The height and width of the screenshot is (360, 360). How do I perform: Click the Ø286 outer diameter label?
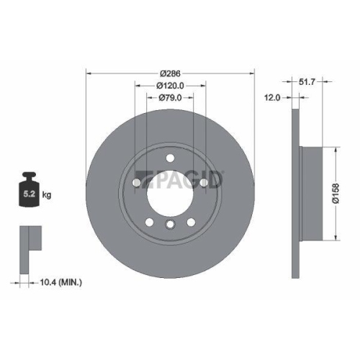click(x=170, y=74)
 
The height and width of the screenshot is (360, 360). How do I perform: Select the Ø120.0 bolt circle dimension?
click(x=170, y=86)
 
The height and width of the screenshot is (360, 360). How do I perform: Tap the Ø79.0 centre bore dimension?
click(x=170, y=98)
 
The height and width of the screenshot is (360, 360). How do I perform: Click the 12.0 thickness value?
click(x=273, y=98)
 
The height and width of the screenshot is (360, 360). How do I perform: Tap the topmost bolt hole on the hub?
click(x=169, y=158)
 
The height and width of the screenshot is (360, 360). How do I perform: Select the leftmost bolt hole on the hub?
click(x=136, y=183)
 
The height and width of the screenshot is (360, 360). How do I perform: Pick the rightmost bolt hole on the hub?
click(x=203, y=183)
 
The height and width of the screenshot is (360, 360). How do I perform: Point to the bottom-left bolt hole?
click(x=149, y=222)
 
